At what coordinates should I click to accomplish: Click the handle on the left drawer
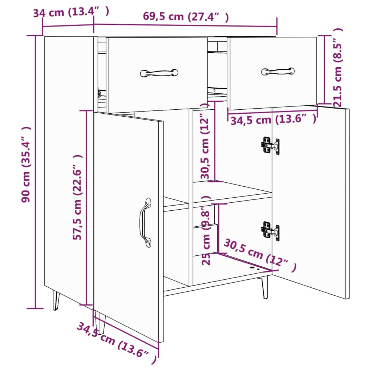coord(159,73)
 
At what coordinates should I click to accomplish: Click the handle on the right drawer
coord(278,71)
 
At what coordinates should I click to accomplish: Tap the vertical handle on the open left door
coord(145,222)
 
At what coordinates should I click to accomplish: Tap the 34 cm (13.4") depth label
coord(71,12)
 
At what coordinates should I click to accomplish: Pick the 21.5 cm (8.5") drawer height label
coord(337,68)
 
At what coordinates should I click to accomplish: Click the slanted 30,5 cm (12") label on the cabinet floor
coord(259,255)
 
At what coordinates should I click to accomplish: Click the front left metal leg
coord(56,300)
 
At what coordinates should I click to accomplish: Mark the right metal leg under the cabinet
coord(265,287)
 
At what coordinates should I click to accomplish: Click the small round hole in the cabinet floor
coord(254,268)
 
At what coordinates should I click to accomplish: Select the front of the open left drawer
coord(157,91)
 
